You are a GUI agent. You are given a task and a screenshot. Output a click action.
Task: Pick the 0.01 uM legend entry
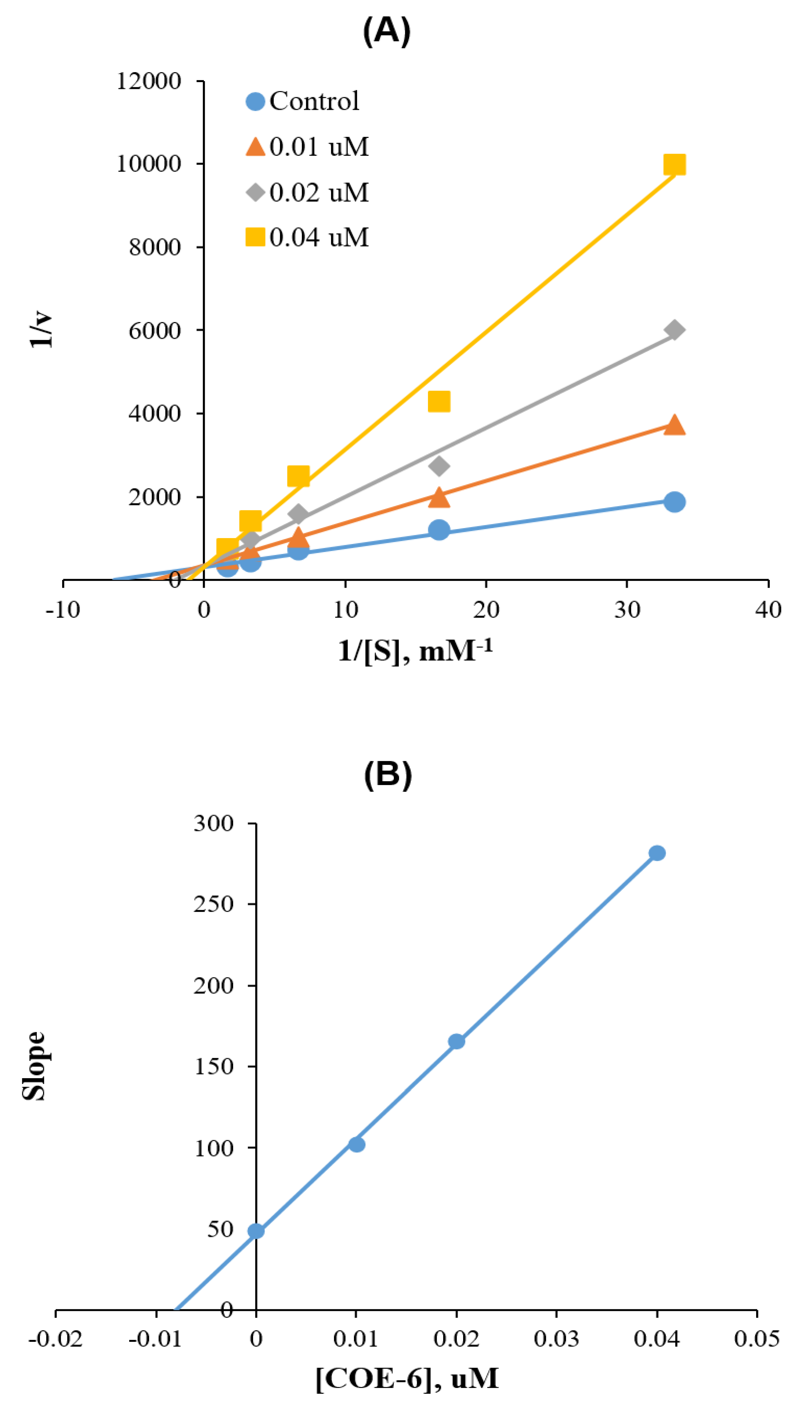(x=307, y=147)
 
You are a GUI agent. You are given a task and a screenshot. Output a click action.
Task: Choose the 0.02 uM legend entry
(x=307, y=192)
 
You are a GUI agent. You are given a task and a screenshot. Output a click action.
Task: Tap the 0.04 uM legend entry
(x=307, y=237)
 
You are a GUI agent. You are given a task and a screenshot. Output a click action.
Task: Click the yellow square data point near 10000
(x=674, y=164)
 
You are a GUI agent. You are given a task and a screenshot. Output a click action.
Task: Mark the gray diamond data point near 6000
(x=674, y=330)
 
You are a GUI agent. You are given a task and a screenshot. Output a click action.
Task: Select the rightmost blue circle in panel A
(x=674, y=501)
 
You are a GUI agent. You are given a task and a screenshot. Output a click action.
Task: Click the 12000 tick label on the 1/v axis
(x=148, y=81)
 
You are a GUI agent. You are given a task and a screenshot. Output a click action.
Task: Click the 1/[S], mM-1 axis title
(x=415, y=650)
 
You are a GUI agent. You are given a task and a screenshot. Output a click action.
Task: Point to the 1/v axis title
(x=42, y=330)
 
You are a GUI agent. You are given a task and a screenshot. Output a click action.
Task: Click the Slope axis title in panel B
(x=34, y=1065)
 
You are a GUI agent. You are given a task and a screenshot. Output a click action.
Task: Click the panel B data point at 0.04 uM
(x=657, y=853)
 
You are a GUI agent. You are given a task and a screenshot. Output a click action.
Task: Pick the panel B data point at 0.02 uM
(x=456, y=1041)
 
